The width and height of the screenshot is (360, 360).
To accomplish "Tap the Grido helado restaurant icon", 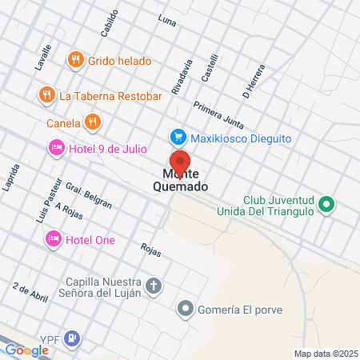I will pyautogui.click(x=76, y=59).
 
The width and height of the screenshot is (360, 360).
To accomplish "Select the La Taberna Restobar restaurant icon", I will pyautogui.click(x=46, y=95).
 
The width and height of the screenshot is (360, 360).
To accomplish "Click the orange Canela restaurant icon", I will pyautogui.click(x=94, y=123).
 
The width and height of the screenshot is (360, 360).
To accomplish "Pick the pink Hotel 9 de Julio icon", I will pyautogui.click(x=56, y=147).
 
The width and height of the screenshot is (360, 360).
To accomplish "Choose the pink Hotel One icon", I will pyautogui.click(x=54, y=239).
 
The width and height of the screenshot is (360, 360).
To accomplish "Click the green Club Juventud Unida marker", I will pyautogui.click(x=326, y=205).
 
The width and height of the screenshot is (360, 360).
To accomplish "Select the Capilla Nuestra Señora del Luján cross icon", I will pyautogui.click(x=154, y=286).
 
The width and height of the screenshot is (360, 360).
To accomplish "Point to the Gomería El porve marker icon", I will pyautogui.click(x=186, y=308).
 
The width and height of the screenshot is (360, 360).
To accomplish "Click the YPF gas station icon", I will pyautogui.click(x=73, y=338).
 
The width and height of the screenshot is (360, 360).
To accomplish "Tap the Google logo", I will pyautogui.click(x=26, y=350).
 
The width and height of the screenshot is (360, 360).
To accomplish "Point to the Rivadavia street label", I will pyautogui.click(x=182, y=75).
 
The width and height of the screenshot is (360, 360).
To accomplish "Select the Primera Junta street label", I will pyautogui.click(x=218, y=114).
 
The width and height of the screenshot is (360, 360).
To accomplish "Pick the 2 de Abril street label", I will pyautogui.click(x=30, y=290).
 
